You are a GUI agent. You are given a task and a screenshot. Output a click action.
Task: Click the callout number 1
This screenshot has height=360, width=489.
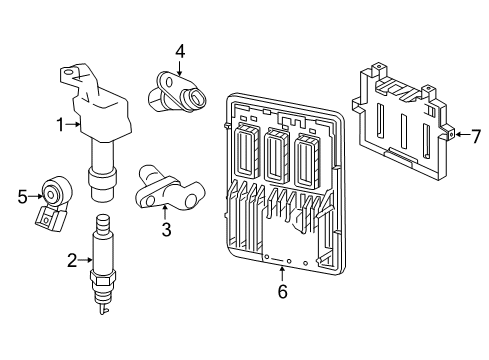(x=61, y=124)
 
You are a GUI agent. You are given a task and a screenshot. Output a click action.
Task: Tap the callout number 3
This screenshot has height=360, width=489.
(x=167, y=230)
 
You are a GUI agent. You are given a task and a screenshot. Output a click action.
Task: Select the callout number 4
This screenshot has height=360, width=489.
(x=180, y=50)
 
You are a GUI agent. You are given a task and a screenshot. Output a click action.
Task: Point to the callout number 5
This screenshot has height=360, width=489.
(x=23, y=196)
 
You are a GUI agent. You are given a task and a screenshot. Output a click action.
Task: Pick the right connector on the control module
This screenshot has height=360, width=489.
(x=307, y=155)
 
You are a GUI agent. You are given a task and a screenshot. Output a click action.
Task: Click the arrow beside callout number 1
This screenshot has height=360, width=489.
(x=73, y=124)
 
